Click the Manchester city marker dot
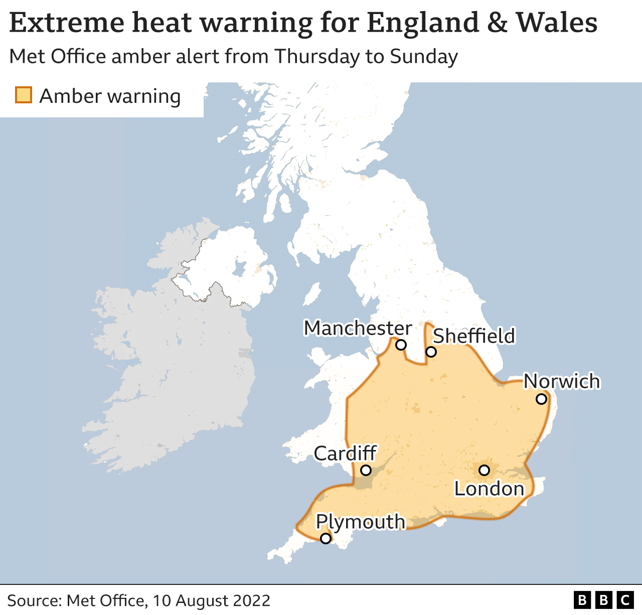coord(401,345)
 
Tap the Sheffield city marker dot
coord(431,352)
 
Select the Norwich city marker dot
coord(541,399)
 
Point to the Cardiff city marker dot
coord(366,470)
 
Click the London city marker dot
coord(484,470)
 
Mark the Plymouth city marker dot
coord(326,538)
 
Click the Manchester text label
coord(358,328)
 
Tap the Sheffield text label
coord(473,336)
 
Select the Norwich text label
coord(562,381)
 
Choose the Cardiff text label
coord(345,453)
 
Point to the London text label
coord(489,489)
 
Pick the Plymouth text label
coord(360,522)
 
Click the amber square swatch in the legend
coord(24,95)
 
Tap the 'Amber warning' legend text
coord(110,96)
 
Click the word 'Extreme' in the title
coord(67,23)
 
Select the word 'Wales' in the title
coord(557,23)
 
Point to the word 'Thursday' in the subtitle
coord(317,56)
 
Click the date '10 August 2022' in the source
coord(211,600)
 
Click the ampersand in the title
coord(497,23)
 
